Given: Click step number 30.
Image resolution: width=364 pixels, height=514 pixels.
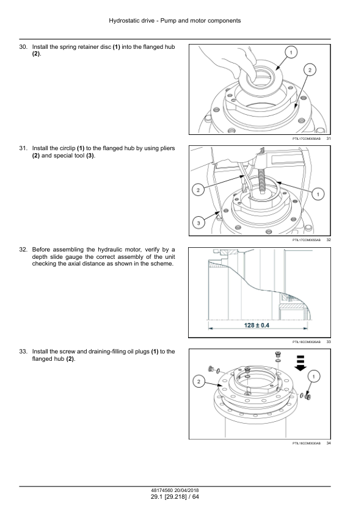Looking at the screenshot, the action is [23, 47].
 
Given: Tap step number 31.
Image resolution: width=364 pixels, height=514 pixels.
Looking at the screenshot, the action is [23, 148].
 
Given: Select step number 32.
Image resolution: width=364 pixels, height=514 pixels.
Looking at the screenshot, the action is [23, 250].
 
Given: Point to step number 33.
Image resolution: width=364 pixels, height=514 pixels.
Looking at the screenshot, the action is [23, 352].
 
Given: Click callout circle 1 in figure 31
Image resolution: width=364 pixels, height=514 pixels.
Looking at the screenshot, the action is [291, 52].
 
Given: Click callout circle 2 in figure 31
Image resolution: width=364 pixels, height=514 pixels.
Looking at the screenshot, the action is [310, 70].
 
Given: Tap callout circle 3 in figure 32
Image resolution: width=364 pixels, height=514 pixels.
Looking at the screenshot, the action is [198, 223].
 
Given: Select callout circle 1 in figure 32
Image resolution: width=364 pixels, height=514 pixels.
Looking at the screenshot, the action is [318, 194].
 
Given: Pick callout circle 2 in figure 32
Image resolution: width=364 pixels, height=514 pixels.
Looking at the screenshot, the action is [198, 190].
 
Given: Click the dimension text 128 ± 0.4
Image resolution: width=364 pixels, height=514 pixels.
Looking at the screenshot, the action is [257, 325].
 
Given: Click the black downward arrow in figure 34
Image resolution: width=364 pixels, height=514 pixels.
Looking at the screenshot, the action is [300, 363].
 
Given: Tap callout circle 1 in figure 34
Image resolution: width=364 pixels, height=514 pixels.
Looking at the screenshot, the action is [314, 376].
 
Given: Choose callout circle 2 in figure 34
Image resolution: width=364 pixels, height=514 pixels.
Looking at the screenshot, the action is [198, 382].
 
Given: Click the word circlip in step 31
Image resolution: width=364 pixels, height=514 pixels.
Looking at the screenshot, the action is [67, 148].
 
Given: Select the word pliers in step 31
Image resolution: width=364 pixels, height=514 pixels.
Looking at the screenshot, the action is [167, 148].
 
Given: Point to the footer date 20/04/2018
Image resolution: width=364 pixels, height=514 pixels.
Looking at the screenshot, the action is [187, 490].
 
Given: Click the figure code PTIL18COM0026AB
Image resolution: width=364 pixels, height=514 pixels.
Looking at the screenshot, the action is [307, 342].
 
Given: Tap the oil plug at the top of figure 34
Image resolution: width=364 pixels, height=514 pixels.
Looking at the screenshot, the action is [278, 354].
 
